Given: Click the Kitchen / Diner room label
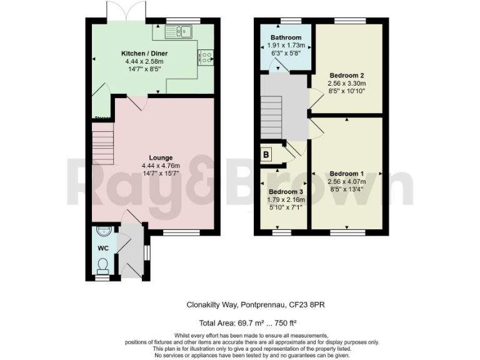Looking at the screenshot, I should click(x=144, y=54).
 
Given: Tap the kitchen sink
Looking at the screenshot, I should click(x=182, y=30).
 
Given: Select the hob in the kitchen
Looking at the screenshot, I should click(x=206, y=57).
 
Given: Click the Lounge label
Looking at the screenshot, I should click(x=161, y=157).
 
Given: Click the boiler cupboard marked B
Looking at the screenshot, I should click(x=266, y=153).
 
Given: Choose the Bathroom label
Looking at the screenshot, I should click(x=286, y=37).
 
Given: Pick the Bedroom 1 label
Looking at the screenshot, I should click(x=346, y=173).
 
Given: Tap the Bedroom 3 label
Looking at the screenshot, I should click(x=286, y=192).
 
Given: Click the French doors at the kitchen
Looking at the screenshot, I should click(x=127, y=11).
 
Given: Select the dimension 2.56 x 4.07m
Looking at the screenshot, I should click(x=346, y=181).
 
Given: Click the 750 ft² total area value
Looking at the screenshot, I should click(x=284, y=323).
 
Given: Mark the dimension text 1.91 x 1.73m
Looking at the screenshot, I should click(x=286, y=46).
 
